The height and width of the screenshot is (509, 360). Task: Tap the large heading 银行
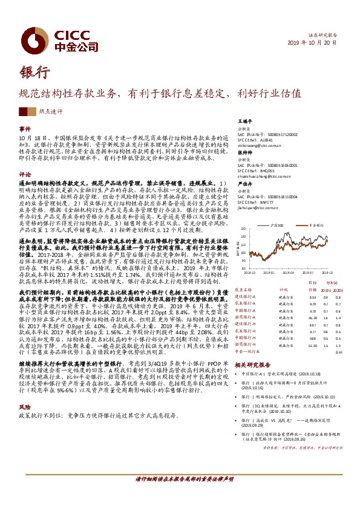[x=34, y=72]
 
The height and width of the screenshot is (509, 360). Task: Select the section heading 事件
[x=25, y=129]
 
